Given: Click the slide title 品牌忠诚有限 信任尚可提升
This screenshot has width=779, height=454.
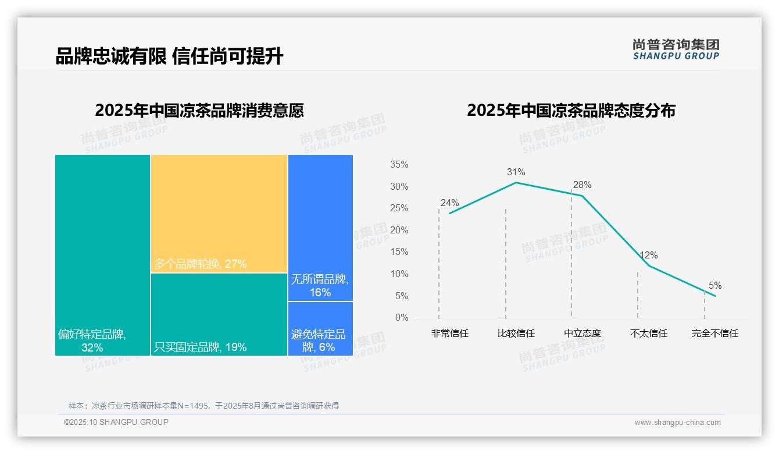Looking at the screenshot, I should click(169, 56).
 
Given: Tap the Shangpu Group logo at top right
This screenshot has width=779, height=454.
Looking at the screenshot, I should click(676, 49).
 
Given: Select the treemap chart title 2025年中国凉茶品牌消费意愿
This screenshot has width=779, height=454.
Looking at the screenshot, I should click(199, 111).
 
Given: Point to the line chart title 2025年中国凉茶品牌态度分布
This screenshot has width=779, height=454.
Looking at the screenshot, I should click(571, 111).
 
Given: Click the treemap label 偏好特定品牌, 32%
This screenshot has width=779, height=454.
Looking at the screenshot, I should click(92, 341).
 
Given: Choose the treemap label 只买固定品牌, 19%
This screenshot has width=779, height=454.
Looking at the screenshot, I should click(200, 347).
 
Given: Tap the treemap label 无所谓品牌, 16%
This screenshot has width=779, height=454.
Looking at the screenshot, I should click(320, 286).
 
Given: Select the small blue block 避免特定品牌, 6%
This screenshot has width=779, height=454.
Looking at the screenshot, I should click(320, 328).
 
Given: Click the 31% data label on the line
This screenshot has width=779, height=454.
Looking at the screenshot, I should click(516, 172).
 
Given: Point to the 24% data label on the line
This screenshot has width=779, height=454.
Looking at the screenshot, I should click(449, 203).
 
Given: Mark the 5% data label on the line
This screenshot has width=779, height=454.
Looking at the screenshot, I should click(715, 286).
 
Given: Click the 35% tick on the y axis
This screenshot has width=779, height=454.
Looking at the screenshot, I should click(399, 165).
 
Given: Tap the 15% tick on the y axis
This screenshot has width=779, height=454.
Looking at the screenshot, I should click(399, 252).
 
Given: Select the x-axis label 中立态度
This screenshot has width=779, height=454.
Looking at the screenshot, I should click(583, 334).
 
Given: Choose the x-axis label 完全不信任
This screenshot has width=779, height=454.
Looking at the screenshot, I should click(714, 334).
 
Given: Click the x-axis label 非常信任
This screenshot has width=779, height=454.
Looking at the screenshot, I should click(449, 334).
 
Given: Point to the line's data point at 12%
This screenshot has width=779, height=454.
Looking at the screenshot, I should click(649, 265).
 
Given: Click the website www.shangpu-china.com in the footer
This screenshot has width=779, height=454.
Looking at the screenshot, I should click(677, 423).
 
